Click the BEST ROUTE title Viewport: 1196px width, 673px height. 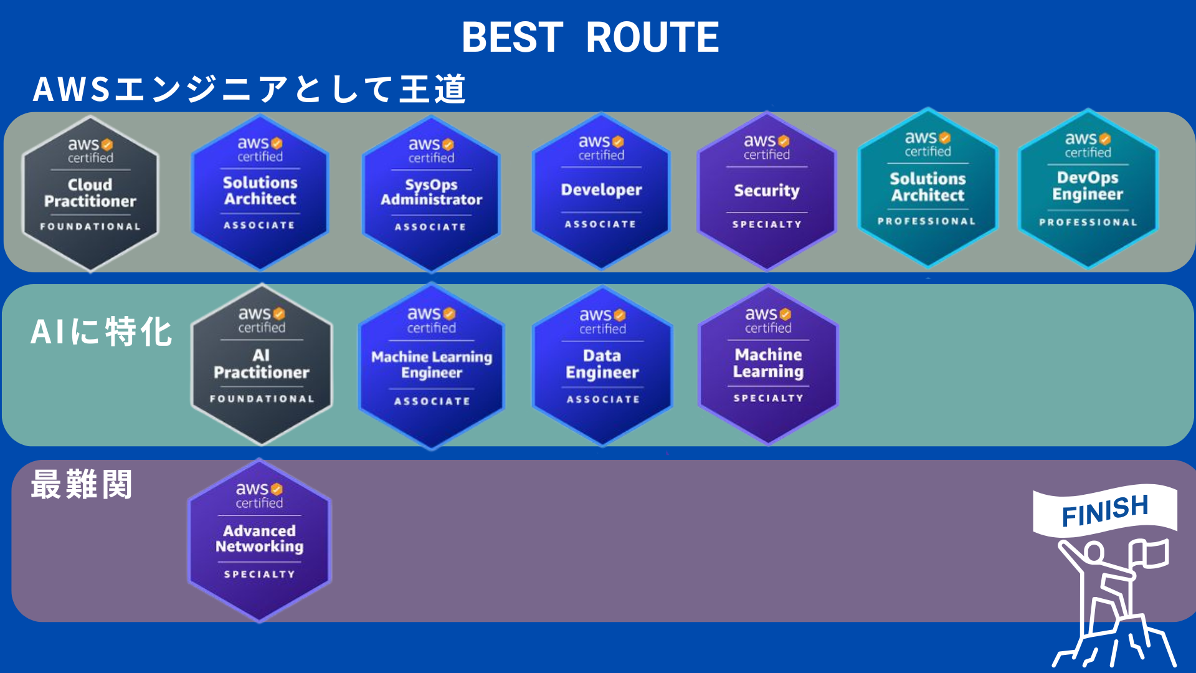(590, 37)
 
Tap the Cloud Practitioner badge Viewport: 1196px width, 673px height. (90, 193)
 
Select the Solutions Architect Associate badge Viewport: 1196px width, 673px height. (260, 191)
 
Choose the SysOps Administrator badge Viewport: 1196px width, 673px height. (431, 193)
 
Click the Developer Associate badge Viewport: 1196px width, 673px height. (601, 191)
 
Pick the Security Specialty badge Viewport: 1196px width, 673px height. (767, 191)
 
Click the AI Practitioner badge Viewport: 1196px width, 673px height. (262, 365)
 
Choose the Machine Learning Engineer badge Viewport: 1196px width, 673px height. (432, 366)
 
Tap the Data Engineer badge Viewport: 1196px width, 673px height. (602, 366)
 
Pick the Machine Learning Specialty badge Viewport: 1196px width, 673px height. (768, 365)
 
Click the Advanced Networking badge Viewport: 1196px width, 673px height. (260, 540)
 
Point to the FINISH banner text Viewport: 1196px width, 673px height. (1104, 510)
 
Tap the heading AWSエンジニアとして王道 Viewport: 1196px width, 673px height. (249, 88)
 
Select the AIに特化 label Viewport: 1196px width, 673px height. (101, 332)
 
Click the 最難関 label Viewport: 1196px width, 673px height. (82, 485)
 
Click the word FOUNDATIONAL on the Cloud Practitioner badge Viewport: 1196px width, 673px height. (90, 227)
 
